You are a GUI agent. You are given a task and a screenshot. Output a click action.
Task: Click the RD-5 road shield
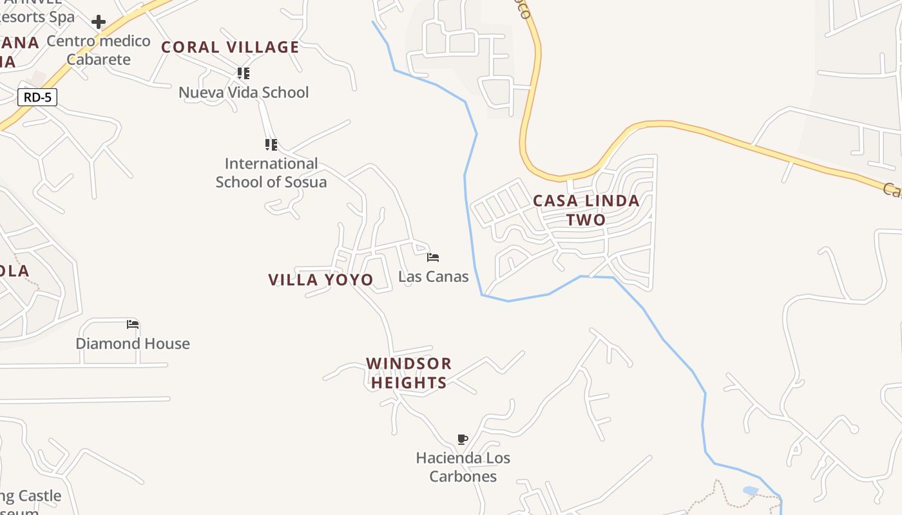tap(37, 98)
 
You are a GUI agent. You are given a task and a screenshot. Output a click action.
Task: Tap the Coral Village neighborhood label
tap(230, 47)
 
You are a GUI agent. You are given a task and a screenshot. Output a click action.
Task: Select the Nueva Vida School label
tap(244, 92)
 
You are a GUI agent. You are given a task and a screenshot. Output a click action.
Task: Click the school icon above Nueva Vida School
tap(243, 73)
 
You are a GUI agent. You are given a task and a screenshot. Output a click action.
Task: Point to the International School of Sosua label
tap(271, 173)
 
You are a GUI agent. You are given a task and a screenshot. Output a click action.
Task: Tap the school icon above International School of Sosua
tap(271, 144)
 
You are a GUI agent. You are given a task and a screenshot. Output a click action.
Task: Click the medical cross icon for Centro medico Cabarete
tap(99, 23)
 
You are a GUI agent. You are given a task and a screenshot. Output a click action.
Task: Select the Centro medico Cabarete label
tap(99, 50)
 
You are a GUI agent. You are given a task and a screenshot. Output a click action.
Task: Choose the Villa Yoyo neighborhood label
tap(321, 279)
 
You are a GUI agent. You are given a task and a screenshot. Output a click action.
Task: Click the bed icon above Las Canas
tap(433, 257)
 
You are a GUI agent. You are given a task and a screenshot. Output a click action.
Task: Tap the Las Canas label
tap(434, 277)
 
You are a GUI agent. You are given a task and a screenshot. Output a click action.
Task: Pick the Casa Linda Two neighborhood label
tap(586, 210)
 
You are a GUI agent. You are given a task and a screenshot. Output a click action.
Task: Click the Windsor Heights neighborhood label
tap(409, 373)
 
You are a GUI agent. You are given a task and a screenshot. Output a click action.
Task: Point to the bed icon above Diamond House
tap(133, 324)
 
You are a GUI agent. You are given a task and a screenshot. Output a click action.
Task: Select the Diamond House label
tap(133, 343)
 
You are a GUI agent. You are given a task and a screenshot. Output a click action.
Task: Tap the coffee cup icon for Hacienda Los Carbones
tap(462, 440)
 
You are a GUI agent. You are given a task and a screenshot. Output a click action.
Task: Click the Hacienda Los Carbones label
tap(463, 467)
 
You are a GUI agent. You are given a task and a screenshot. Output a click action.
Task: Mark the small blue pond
tap(751, 491)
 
